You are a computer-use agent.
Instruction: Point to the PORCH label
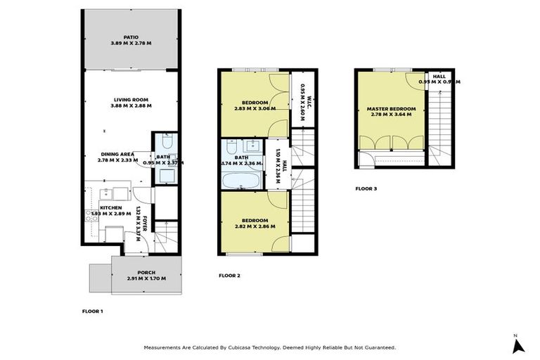[x=146, y=273]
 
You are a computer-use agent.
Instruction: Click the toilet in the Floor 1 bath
[x=163, y=140]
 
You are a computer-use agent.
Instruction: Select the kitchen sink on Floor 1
[x=112, y=193]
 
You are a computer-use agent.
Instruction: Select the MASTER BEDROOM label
[x=391, y=109]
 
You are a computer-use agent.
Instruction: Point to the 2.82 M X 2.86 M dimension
[x=254, y=227]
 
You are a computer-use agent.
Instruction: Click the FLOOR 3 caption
[x=366, y=188]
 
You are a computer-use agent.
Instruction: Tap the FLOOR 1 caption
[x=93, y=310]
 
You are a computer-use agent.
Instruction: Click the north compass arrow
[x=518, y=345]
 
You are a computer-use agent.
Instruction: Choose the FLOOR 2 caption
[x=229, y=275]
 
